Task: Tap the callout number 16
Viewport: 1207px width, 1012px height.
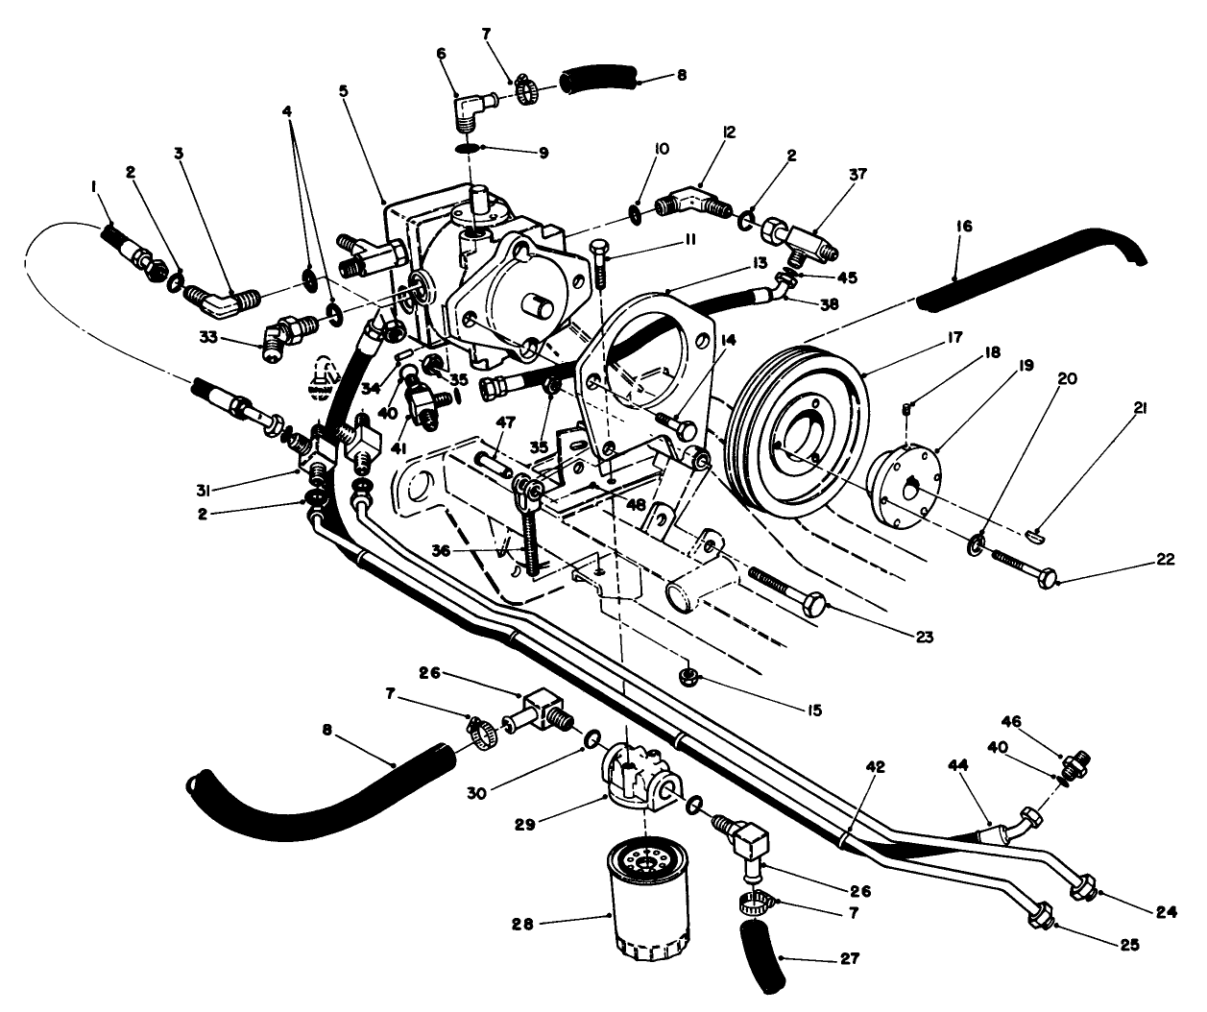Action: tap(965, 227)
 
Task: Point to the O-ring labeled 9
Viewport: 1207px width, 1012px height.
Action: tap(468, 148)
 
